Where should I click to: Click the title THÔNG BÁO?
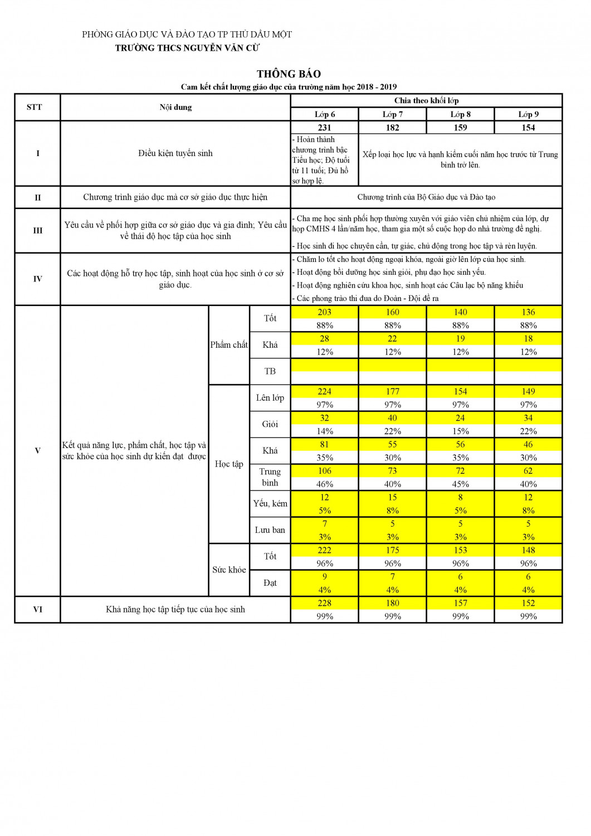point(289,74)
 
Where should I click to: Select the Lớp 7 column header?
point(392,114)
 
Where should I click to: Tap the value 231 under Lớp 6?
point(324,128)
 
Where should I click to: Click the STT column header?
point(35,107)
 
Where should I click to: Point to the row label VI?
point(37,609)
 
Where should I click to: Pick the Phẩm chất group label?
point(229,344)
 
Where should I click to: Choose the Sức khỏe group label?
point(229,570)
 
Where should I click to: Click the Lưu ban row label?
point(270,529)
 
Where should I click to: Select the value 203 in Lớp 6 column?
point(324,312)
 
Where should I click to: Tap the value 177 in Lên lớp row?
point(392,391)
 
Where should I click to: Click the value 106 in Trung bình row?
point(324,471)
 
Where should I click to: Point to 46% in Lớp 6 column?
point(324,484)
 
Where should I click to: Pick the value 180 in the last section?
point(392,603)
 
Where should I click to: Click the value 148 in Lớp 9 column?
point(528,550)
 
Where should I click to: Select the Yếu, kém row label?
point(270,503)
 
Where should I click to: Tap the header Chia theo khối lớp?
point(426,100)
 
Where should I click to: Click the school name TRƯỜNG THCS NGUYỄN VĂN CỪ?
point(187,48)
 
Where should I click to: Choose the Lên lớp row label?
point(270,397)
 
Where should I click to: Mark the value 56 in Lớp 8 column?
point(460,444)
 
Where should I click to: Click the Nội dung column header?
point(175,107)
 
